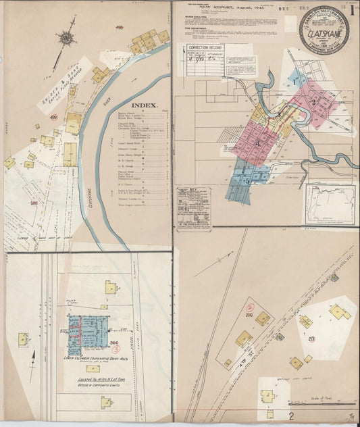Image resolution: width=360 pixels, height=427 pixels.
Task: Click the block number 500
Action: [33, 201]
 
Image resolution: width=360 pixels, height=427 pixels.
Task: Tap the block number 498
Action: [120, 28]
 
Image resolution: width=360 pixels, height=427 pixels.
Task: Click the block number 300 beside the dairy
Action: [113, 344]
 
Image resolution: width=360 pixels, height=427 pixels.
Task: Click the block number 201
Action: [311, 339]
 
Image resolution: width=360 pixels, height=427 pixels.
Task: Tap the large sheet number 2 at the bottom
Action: [291, 416]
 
